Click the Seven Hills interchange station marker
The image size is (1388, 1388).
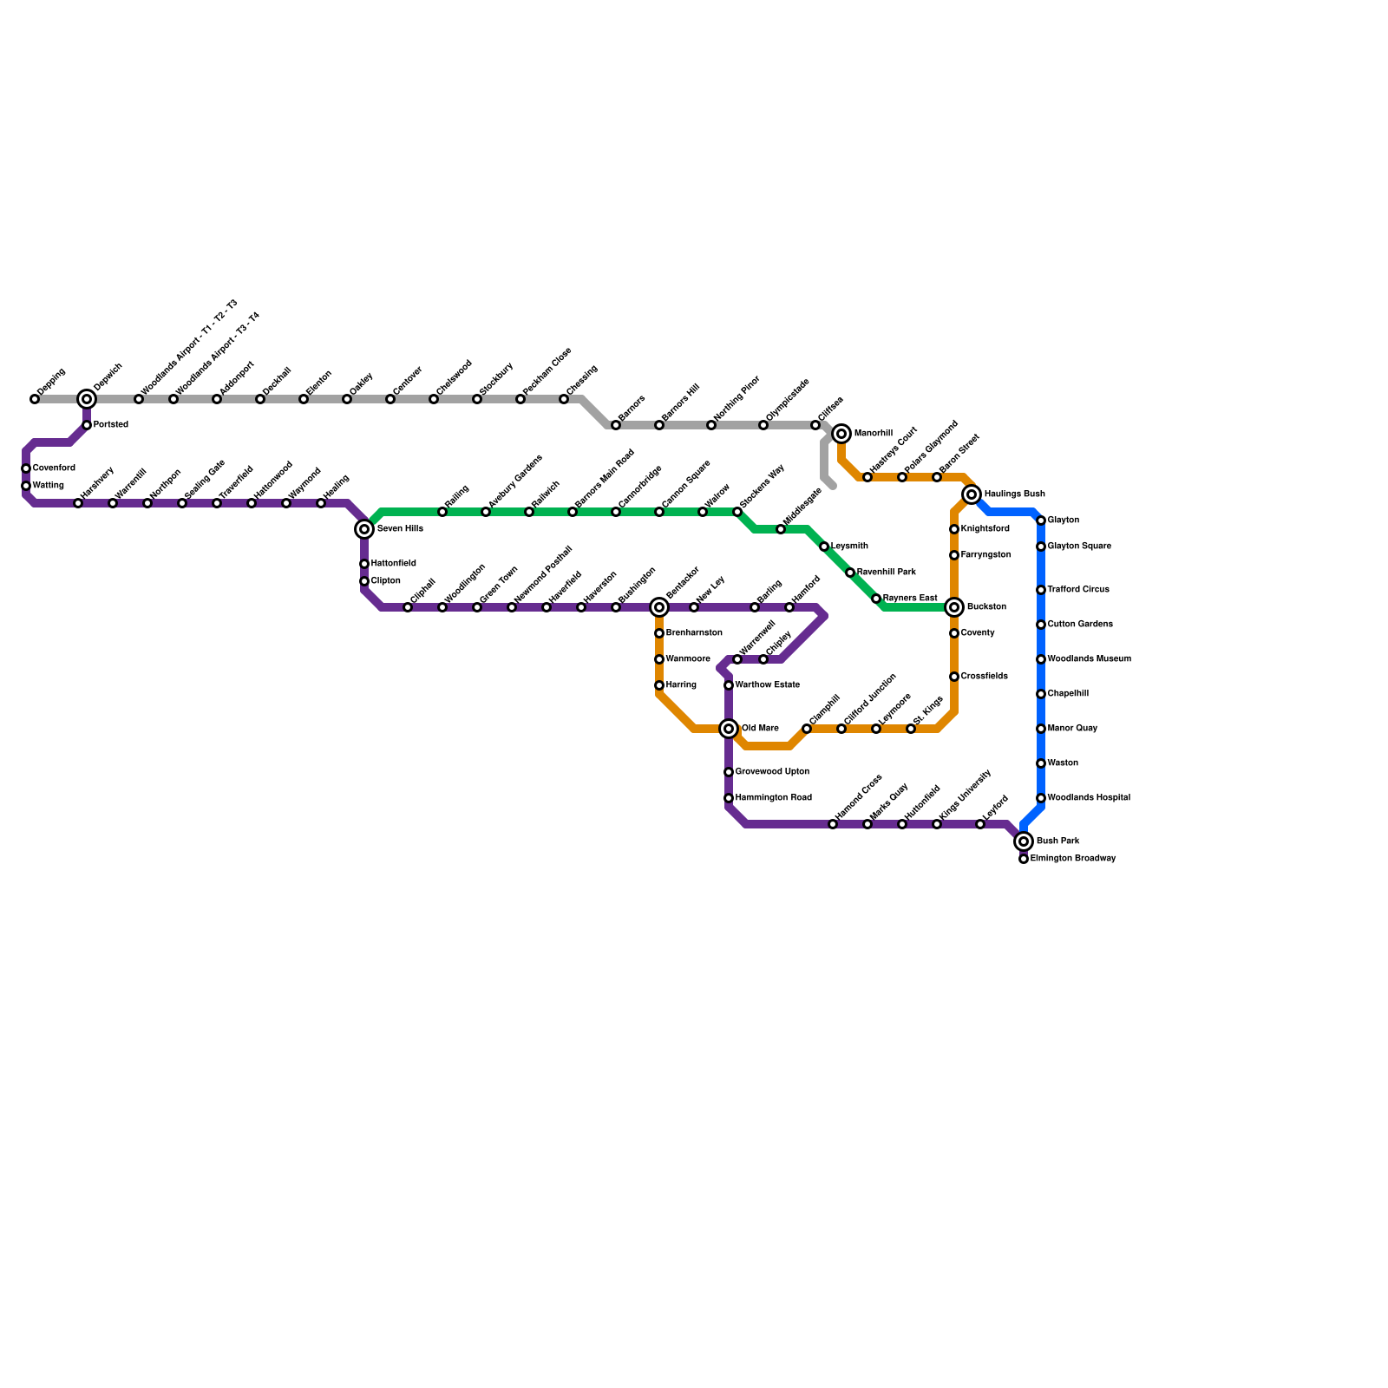[364, 529]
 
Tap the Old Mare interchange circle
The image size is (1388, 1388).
[729, 729]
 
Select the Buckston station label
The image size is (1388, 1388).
[986, 607]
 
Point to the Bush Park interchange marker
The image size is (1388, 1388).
[1024, 841]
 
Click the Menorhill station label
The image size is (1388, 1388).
[873, 434]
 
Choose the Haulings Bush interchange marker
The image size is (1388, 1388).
[972, 494]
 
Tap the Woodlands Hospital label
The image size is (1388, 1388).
[1088, 798]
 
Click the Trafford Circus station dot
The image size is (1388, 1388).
[1041, 590]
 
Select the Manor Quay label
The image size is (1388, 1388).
[1072, 729]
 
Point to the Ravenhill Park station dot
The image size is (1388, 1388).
[850, 573]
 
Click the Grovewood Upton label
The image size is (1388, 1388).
[772, 772]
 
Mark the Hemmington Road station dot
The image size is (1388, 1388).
[729, 798]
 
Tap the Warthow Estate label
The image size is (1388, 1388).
[767, 685]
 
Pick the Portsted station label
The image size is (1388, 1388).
[111, 425]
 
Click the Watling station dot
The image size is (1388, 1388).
[26, 486]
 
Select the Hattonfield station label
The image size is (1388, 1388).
[393, 564]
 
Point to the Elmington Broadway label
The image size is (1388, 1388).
[1072, 859]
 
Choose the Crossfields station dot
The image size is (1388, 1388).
[954, 677]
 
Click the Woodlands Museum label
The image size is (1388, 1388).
[1089, 659]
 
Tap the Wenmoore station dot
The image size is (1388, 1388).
[659, 659]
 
